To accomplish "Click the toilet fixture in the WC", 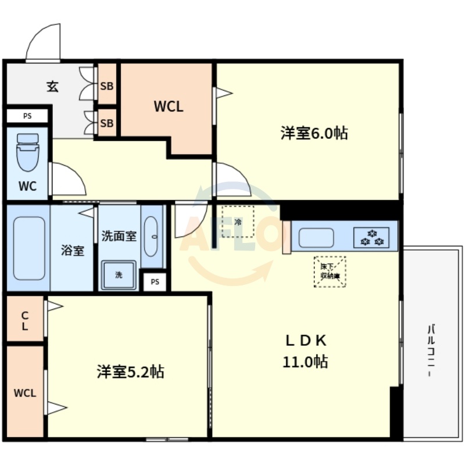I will pos(27,152).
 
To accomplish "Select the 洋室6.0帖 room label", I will pos(314,133).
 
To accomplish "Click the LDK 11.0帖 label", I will pos(306,351).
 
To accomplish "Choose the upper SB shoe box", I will pos(107,86).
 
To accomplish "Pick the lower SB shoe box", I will pos(107,123).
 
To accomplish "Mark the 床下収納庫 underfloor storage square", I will pos(330,271).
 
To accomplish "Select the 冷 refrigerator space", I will pos(238,221).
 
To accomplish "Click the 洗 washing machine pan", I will pos(119,275).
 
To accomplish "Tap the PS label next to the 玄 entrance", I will pos(27,116).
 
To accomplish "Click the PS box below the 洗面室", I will pos(155,282).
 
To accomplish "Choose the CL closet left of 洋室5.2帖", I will pos(25,320).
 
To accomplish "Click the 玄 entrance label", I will pos(52,87).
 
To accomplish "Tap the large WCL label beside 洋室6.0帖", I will pos(169,106).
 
